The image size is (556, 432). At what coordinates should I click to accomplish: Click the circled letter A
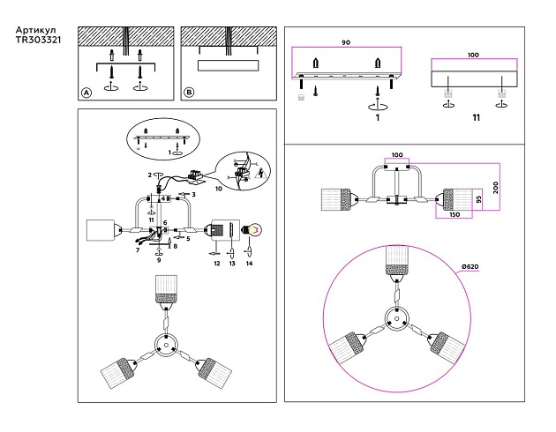[86, 93]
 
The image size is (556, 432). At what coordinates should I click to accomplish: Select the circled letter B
[189, 93]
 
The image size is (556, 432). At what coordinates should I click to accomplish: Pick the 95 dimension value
[477, 199]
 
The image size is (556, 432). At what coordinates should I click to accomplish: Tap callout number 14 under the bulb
[249, 263]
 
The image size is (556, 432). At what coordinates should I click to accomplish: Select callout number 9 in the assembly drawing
[158, 261]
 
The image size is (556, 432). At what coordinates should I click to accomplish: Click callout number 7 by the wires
[138, 250]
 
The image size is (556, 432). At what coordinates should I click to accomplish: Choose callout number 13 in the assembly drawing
[232, 263]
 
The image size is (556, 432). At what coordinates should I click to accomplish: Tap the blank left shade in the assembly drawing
[103, 230]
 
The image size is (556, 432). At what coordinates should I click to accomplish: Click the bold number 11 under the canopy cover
[476, 117]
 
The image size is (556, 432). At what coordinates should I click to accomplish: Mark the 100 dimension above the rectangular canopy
[473, 56]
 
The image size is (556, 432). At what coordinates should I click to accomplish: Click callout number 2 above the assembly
[150, 175]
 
